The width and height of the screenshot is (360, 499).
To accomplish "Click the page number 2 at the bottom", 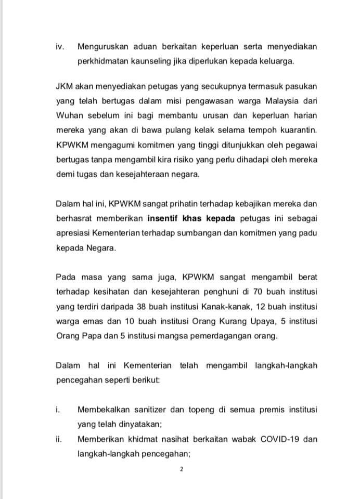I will pos(182,469).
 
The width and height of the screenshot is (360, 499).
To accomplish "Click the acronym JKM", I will pos(66,85).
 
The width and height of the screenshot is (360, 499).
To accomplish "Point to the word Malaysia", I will pos(272,99).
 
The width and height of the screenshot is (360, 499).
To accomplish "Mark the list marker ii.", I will pos(59,439).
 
